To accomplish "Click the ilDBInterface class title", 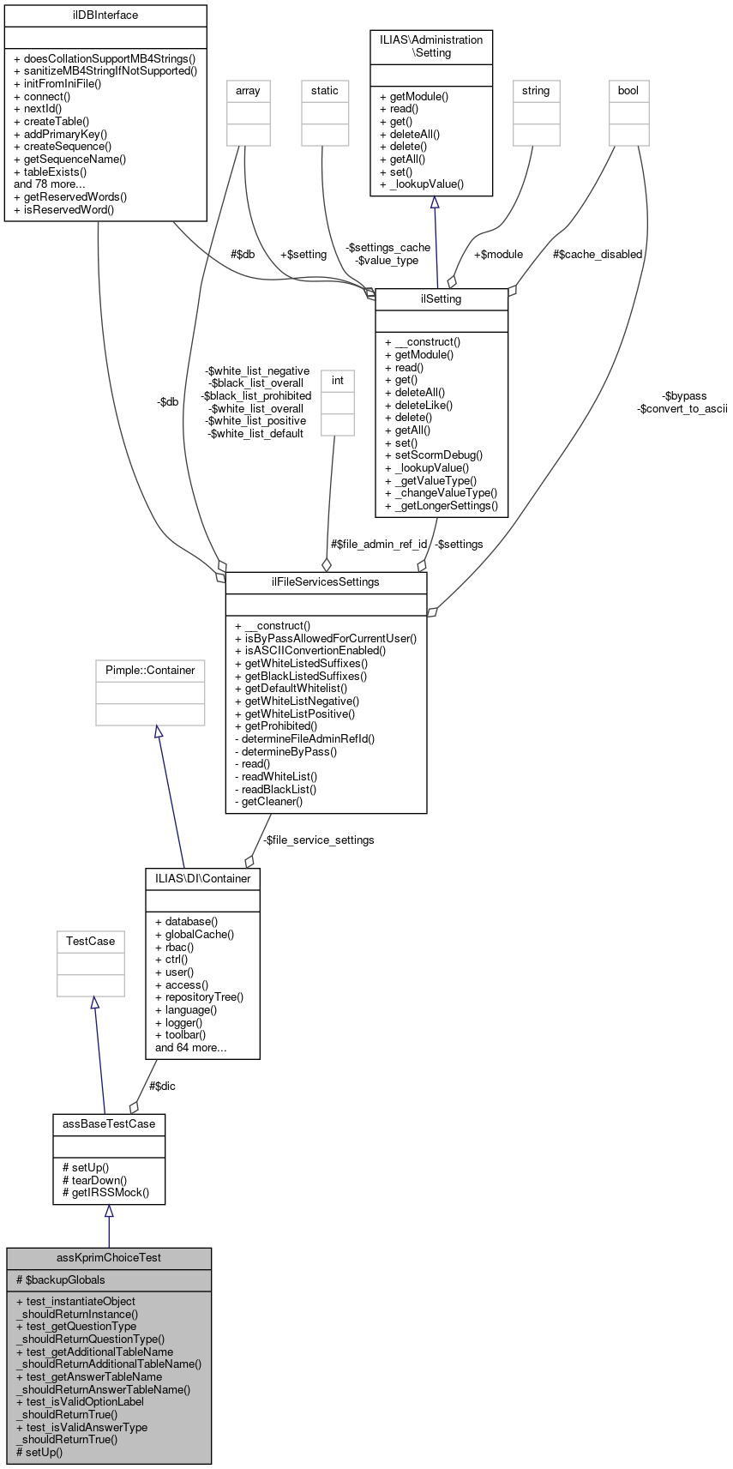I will click(x=105, y=15).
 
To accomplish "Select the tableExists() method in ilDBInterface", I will click(x=51, y=172).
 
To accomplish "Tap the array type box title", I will click(x=248, y=90).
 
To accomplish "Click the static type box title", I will click(x=325, y=90).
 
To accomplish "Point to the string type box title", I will click(x=536, y=90).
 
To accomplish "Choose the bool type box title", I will click(x=628, y=90).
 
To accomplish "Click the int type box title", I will click(x=337, y=380).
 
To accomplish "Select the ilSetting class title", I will click(x=442, y=299).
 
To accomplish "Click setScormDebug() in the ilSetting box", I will click(x=434, y=455).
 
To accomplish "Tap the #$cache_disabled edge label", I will click(x=598, y=254).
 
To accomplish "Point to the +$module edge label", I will click(x=498, y=254).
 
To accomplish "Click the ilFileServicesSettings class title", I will click(x=326, y=581).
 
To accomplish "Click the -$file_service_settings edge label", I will click(x=319, y=840).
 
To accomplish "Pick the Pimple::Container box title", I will click(x=150, y=670).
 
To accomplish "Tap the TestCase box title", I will click(x=90, y=941).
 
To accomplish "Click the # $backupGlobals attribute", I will click(x=61, y=1279).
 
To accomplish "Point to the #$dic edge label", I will click(x=163, y=1086).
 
